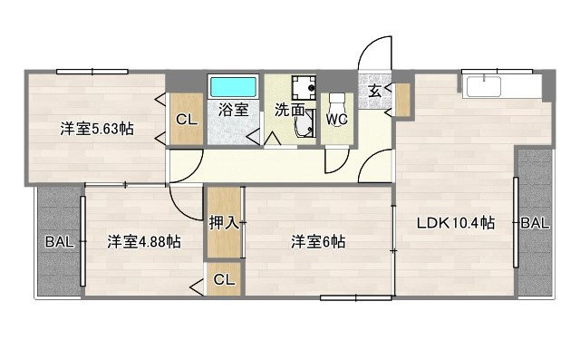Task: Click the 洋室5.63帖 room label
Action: (97, 129)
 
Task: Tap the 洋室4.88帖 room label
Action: (143, 241)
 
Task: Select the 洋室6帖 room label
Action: (318, 241)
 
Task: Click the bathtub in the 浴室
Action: (234, 87)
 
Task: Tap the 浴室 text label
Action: (233, 111)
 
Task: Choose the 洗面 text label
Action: (289, 111)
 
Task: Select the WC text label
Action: (337, 119)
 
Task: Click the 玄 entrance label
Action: (375, 90)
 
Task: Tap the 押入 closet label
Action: (224, 222)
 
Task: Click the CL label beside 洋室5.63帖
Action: (187, 120)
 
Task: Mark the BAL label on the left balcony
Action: (60, 241)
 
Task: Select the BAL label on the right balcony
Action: (535, 223)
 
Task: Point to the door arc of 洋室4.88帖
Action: (186, 205)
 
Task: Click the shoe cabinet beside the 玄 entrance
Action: (402, 98)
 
